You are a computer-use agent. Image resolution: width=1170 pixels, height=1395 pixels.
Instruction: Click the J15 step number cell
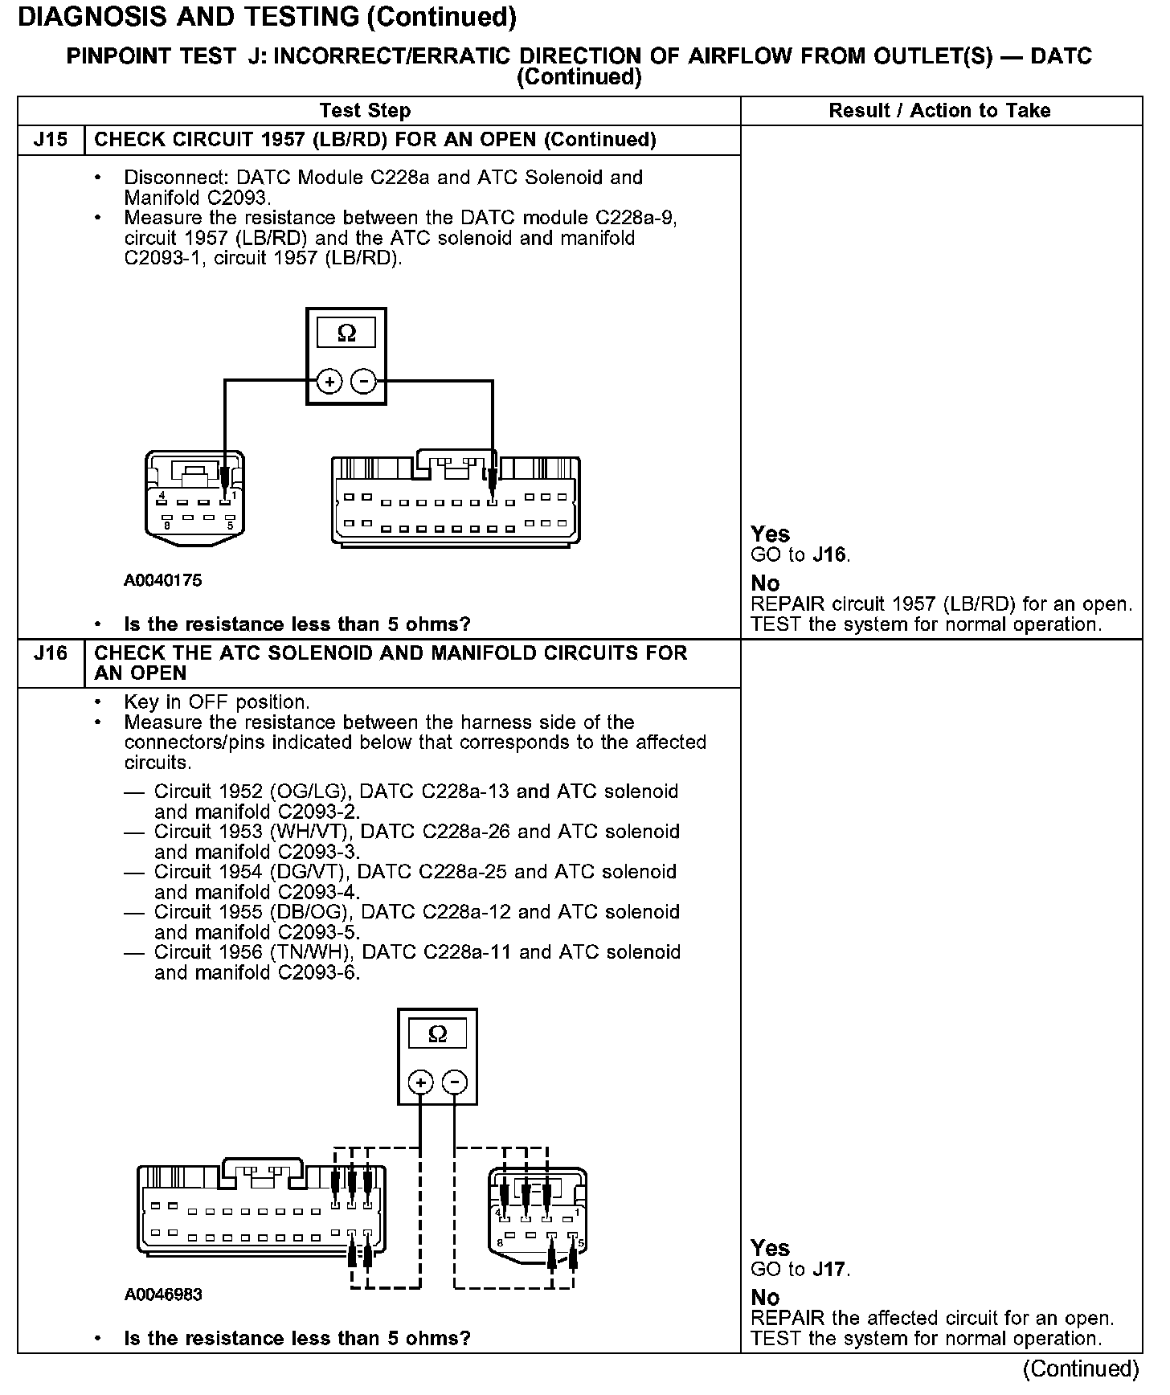pos(50,140)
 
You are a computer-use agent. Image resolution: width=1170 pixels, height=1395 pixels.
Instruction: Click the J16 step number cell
pos(50,652)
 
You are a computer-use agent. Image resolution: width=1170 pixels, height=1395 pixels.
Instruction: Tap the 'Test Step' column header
pos(365,111)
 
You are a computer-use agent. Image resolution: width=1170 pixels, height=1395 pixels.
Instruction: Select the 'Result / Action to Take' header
pos(939,111)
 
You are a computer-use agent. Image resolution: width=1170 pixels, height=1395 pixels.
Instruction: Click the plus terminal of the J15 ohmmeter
pos(329,381)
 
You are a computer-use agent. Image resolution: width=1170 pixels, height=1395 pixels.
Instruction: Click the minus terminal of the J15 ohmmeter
pos(364,381)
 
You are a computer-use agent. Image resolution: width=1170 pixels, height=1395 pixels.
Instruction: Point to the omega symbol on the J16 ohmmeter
pos(437,1033)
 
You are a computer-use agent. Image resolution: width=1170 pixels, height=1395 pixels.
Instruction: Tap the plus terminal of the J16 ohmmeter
pos(420,1082)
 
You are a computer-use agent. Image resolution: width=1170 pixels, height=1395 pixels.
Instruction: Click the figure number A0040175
pos(163,580)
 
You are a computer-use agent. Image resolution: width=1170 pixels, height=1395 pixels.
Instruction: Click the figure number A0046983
pos(163,1295)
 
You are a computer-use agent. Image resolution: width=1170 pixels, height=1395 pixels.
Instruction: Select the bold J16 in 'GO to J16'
pos(830,555)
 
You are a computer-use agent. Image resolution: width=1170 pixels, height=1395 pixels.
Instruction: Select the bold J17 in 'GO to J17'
pos(830,1270)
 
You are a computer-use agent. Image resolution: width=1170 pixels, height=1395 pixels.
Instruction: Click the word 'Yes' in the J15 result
pos(770,534)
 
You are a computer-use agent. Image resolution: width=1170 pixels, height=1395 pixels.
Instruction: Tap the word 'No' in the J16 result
pos(765,1298)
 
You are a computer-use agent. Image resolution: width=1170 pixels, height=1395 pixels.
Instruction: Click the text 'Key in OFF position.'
pos(217,702)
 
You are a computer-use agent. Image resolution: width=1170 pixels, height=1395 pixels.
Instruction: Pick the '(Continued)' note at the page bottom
pos(1081,1368)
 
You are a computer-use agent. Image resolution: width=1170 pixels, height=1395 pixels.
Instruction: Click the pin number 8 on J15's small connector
pos(166,526)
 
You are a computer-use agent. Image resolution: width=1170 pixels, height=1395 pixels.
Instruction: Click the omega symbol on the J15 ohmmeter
pos(346,333)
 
